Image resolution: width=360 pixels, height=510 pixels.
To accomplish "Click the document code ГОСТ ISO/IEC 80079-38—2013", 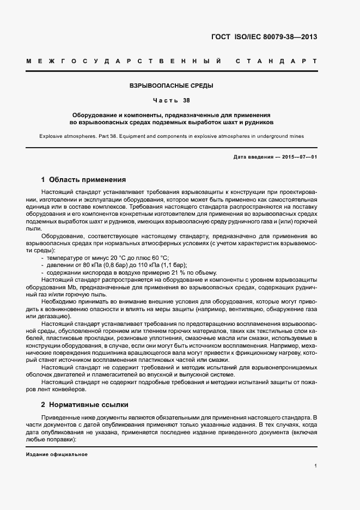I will [264, 38].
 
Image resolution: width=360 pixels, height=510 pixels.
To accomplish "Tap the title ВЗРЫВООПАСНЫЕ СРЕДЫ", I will [171, 86].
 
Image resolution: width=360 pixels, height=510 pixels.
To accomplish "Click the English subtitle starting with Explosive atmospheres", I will [171, 136].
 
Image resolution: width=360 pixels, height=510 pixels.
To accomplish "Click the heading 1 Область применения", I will [84, 179].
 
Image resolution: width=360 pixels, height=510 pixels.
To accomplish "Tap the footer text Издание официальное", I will [57, 454].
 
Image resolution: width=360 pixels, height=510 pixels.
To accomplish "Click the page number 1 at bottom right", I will [315, 465].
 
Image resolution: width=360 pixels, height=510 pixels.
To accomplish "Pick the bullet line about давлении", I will [114, 265].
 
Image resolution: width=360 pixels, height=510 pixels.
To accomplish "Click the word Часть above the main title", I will [163, 101].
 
